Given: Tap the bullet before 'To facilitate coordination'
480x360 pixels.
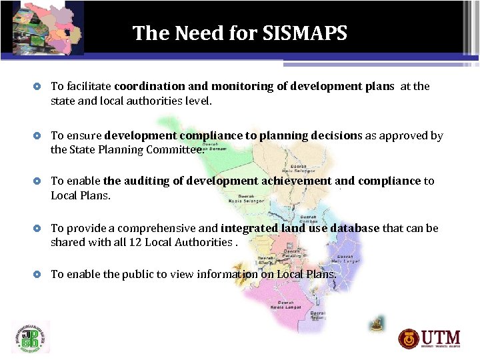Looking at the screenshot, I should pyautogui.click(x=39, y=87).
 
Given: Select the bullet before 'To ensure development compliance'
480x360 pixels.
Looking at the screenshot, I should pyautogui.click(x=39, y=136).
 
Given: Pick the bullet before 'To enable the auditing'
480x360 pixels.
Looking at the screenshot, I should pyautogui.click(x=39, y=181).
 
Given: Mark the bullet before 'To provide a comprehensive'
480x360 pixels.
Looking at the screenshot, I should pyautogui.click(x=39, y=229).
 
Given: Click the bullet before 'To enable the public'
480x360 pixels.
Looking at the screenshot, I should pyautogui.click(x=39, y=274).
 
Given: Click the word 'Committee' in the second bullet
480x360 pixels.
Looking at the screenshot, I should pyautogui.click(x=177, y=149).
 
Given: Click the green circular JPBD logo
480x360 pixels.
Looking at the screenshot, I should pyautogui.click(x=30, y=337).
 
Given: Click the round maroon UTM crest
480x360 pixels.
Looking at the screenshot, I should pyautogui.click(x=409, y=339).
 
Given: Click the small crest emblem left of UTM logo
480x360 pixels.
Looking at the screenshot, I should pyautogui.click(x=377, y=323).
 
